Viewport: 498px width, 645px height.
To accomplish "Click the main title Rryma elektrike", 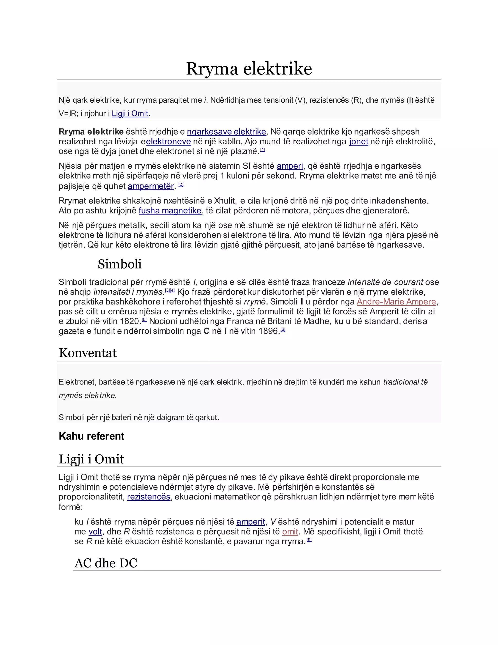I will tap(249, 69).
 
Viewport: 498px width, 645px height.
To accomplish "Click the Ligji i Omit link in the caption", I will tap(130, 113).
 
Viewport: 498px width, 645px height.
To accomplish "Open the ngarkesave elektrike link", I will tap(226, 132).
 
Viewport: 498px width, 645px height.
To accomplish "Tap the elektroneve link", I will tap(169, 141).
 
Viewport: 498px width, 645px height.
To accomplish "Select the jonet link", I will tap(358, 141).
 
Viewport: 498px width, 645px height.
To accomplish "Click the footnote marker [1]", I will tap(263, 150).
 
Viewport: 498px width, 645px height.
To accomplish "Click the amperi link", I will tap(290, 166).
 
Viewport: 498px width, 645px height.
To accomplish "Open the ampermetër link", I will tap(151, 186).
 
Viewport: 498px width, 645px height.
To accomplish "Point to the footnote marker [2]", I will tap(181, 184).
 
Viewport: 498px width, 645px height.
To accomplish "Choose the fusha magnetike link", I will tap(170, 211).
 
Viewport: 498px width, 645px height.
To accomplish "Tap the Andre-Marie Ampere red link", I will tap(396, 302).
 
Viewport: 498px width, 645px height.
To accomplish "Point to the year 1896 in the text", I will tap(268, 331).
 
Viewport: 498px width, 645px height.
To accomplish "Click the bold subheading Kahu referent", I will tap(91, 436).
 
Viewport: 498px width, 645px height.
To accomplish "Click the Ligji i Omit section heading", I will tap(91, 459).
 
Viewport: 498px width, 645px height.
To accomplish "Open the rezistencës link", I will tap(149, 497).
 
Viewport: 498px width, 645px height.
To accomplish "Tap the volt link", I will tap(95, 532).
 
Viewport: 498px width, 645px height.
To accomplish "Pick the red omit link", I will tap(290, 532).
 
